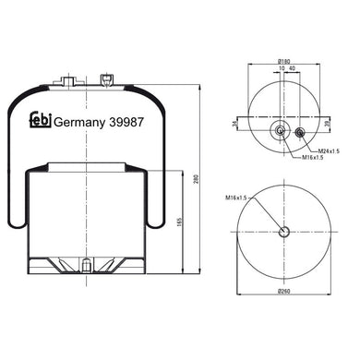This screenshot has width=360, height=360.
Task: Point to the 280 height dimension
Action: [x=197, y=179]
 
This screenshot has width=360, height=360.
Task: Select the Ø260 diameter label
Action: [x=284, y=288]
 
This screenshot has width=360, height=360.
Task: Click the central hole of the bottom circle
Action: [x=284, y=231]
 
